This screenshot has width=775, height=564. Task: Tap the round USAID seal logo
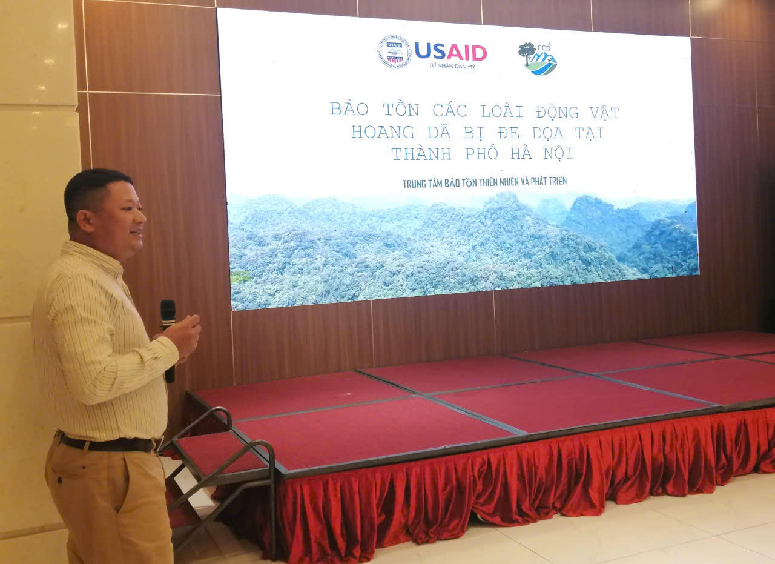(394, 51)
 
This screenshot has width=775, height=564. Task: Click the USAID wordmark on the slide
(450, 51)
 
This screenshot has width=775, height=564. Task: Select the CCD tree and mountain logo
(537, 58)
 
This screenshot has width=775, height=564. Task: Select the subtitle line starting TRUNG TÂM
(484, 182)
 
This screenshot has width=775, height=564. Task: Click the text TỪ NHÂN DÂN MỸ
(451, 65)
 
